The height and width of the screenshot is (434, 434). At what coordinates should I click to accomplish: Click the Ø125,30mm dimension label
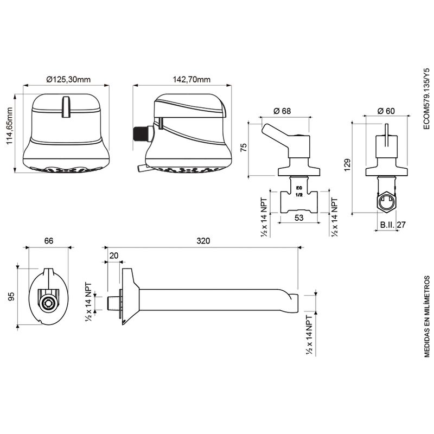click(68, 80)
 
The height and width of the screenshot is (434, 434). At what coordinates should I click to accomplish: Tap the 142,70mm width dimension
click(192, 80)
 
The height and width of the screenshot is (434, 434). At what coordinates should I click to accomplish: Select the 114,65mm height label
click(10, 126)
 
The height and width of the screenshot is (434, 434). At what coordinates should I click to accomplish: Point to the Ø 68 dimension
click(282, 111)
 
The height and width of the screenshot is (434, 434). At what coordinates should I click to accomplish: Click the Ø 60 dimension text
click(386, 111)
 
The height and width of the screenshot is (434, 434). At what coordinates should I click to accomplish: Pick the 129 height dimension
click(347, 165)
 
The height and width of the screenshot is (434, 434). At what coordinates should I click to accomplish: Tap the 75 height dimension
click(244, 148)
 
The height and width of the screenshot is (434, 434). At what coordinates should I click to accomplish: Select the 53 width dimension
click(299, 218)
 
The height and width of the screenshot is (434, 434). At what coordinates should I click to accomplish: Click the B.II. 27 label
click(393, 225)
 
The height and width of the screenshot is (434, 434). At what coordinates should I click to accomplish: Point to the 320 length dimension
click(203, 241)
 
